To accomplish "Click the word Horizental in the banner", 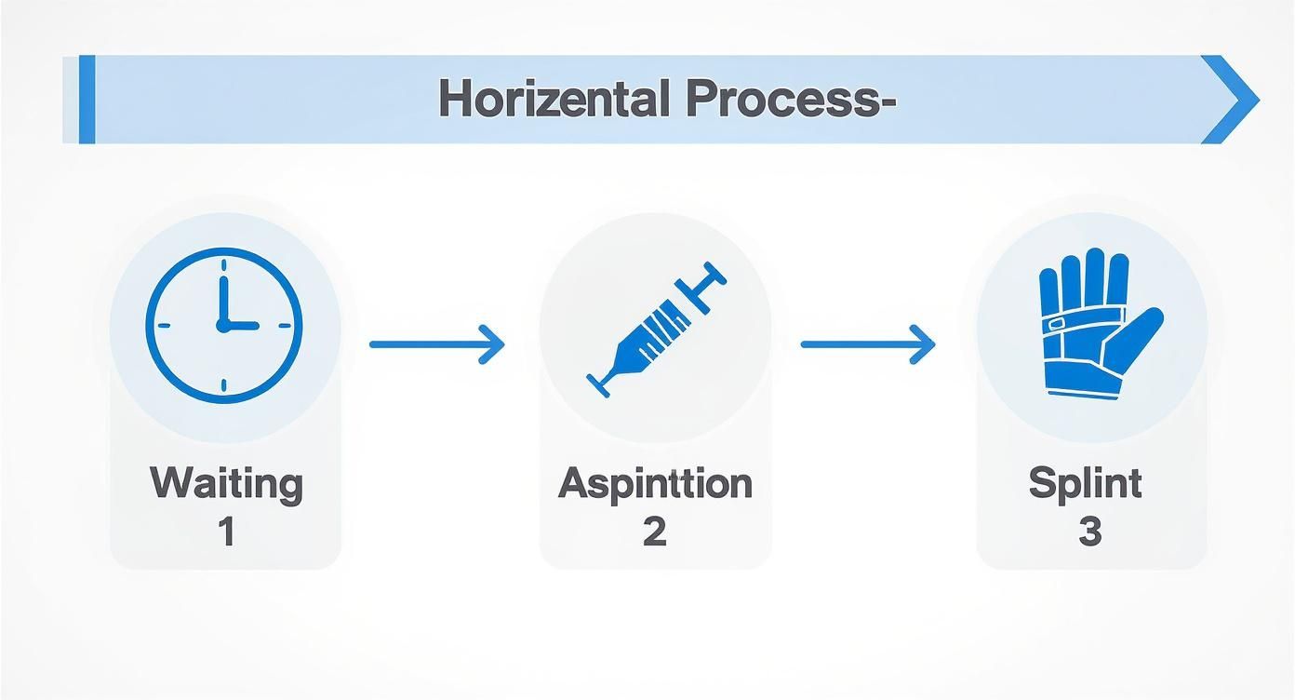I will [x=554, y=99].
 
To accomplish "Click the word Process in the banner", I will [x=790, y=99].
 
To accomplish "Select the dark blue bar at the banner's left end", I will [x=87, y=100].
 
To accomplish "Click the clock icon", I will [x=224, y=325].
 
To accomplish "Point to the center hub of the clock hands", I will [x=223, y=326].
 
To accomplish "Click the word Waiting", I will [x=226, y=484].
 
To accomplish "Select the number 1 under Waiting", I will [x=226, y=532].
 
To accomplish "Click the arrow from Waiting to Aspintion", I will [x=436, y=344].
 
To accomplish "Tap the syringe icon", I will [x=656, y=326].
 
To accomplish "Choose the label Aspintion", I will [x=655, y=484].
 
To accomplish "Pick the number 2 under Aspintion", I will [x=654, y=532].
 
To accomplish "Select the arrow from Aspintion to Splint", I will [x=867, y=344].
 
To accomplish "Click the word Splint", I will [x=1085, y=484].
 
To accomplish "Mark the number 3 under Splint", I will [x=1089, y=532].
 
